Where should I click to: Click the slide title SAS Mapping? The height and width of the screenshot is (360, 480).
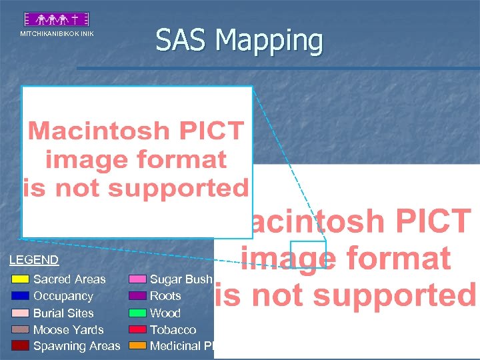(239, 40)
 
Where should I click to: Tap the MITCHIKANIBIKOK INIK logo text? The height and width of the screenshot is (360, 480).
(57, 33)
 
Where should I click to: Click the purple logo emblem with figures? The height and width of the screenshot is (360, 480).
(57, 19)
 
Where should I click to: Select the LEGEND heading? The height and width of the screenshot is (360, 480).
(34, 260)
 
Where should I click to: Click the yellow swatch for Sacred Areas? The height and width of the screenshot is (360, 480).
(21, 279)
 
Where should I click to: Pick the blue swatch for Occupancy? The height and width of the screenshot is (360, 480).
(21, 296)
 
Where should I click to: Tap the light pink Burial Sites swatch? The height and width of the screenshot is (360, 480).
(21, 313)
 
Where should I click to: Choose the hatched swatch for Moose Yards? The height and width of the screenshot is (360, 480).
(21, 329)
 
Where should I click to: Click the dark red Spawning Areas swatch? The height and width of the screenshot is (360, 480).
(21, 345)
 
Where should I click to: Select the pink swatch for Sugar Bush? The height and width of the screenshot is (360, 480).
(137, 279)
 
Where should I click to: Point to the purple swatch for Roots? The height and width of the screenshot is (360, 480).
(137, 296)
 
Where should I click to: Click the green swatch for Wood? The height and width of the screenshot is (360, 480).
(137, 313)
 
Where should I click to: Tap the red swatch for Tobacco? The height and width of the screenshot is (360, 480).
(137, 329)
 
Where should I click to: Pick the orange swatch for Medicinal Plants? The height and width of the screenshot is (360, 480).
(137, 345)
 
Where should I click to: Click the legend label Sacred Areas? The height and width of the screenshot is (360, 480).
(69, 279)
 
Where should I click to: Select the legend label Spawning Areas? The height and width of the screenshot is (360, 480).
(77, 345)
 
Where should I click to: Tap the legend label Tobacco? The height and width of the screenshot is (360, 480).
(173, 329)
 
